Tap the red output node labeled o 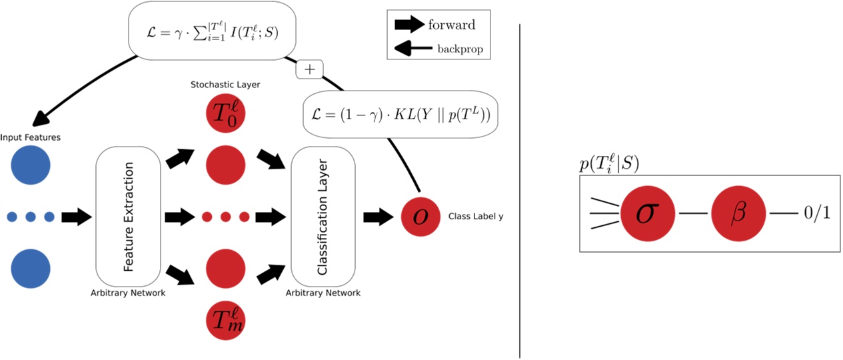pos(421,217)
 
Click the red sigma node pos(643,213)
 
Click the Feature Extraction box pos(129,217)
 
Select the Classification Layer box pos(323,217)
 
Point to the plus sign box pos(309,69)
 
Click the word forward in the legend pos(451,25)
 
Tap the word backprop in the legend pos(460,49)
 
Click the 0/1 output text pos(817,213)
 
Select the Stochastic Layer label pos(225,85)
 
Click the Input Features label pos(31,137)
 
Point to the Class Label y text pos(475,217)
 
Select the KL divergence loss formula pos(401,114)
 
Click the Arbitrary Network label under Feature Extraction pos(128,293)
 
